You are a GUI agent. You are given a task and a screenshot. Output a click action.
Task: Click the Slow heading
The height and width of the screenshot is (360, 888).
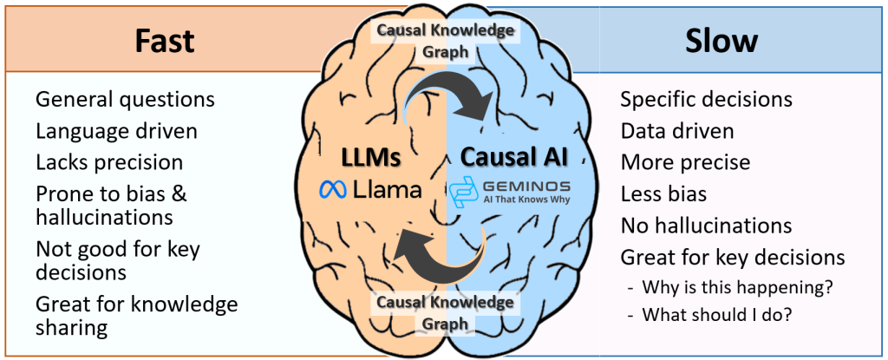[721, 42]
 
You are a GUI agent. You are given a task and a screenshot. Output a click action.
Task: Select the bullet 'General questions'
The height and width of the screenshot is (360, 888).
[125, 99]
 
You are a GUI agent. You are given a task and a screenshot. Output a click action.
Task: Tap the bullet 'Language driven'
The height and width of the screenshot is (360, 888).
[116, 131]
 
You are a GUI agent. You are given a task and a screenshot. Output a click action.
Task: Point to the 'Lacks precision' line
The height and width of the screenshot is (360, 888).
[109, 162]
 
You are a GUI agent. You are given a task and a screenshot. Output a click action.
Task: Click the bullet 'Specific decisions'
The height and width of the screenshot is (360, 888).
[706, 99]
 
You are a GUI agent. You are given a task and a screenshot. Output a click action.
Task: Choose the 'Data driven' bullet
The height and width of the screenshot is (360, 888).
[677, 131]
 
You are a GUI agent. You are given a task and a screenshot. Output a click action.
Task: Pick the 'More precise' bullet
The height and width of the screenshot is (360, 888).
[685, 162]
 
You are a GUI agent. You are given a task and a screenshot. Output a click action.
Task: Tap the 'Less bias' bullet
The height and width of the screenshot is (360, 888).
[663, 194]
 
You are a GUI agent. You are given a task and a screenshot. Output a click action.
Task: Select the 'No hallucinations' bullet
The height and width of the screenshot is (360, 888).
[706, 226]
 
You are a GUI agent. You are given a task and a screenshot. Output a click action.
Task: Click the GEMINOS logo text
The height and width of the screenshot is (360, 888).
[528, 185]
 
